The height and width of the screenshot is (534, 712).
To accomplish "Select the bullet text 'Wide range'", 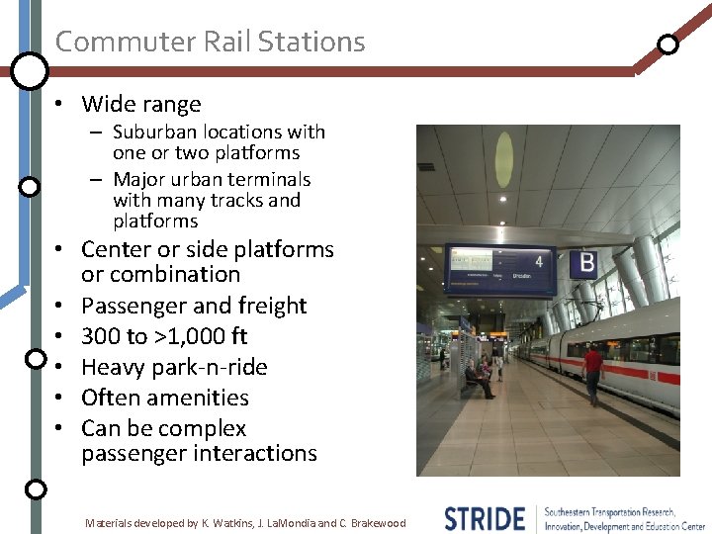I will coord(140,104).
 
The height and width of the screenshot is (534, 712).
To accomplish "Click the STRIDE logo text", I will coord(485,518).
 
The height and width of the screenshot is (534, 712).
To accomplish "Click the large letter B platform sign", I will coord(586,263).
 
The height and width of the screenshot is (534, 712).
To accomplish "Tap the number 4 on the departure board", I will coord(539,261).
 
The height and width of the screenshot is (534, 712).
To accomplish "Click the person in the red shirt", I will coord(592,371).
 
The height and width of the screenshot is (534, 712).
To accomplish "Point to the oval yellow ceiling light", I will coord(504,159).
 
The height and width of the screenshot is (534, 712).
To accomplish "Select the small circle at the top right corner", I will coord(668,44).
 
